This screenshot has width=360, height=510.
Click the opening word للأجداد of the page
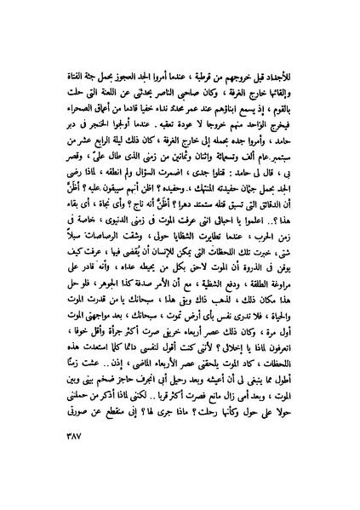pos(294,65)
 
